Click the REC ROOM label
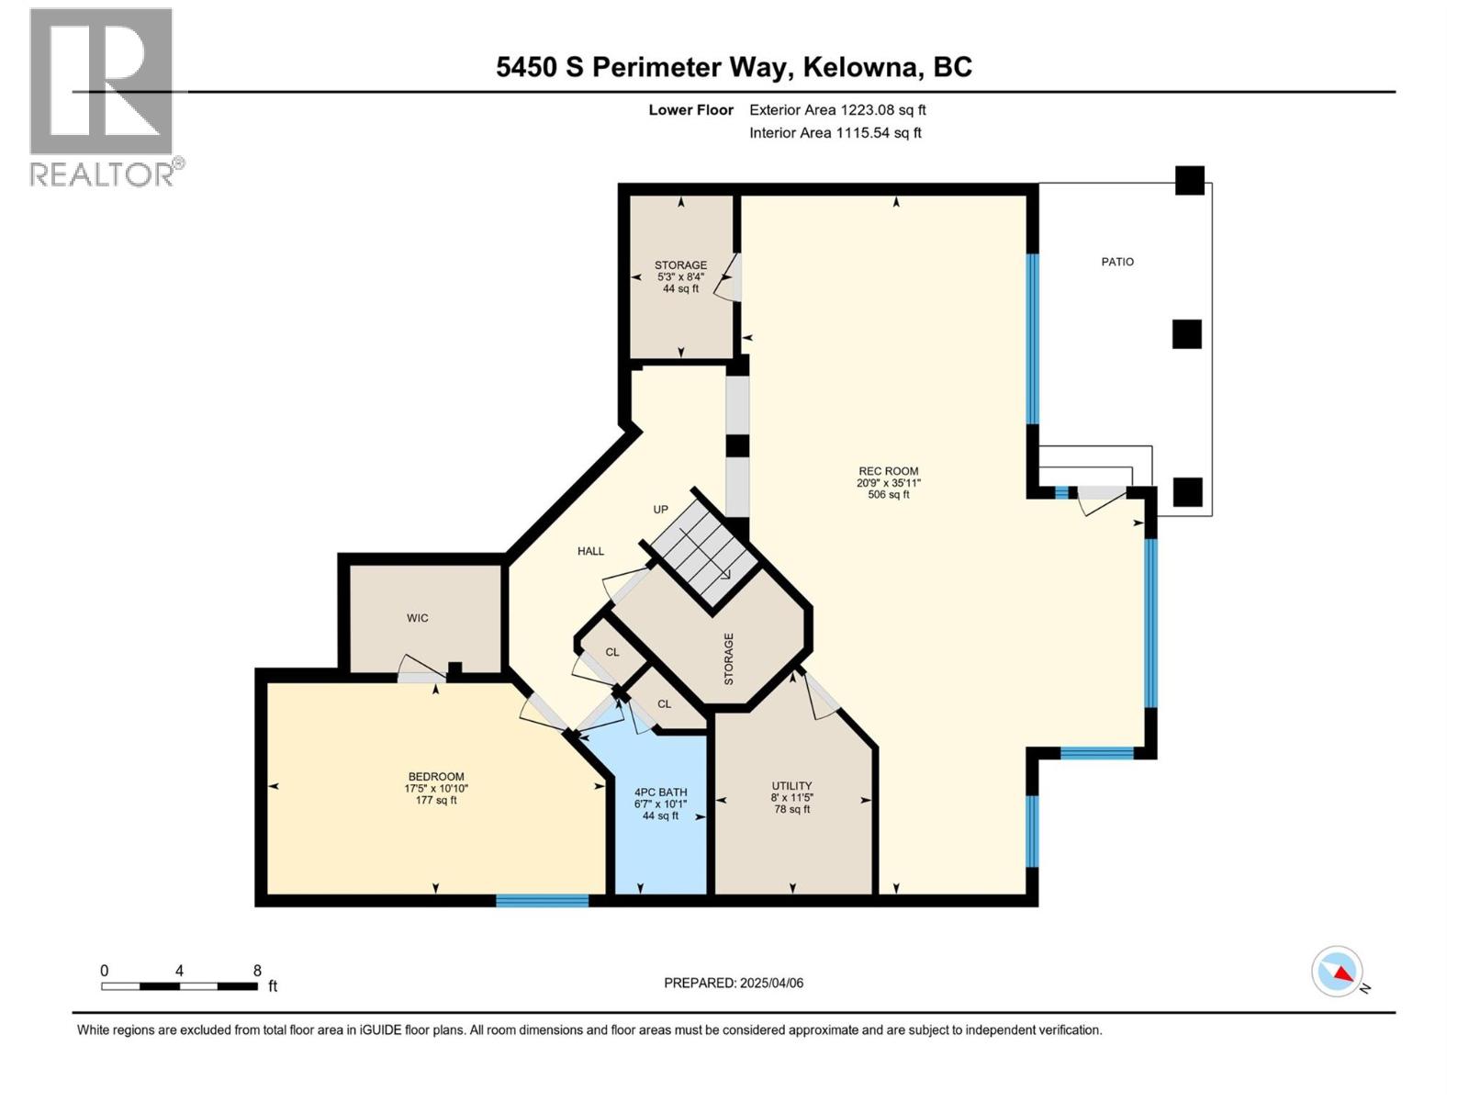[x=888, y=471]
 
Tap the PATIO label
[x=1117, y=262]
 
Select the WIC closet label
[x=418, y=618]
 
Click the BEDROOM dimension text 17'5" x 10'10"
[x=436, y=788]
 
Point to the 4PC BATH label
[x=660, y=793]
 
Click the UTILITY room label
[x=791, y=786]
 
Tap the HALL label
[x=590, y=551]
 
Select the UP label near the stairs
[x=660, y=510]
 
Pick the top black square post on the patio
[x=1190, y=180]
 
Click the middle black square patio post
[x=1186, y=334]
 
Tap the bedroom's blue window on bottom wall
[x=542, y=901]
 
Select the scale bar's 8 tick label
[x=257, y=971]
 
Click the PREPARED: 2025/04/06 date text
[x=734, y=983]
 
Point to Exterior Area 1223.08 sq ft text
[x=837, y=110]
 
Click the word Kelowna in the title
[x=861, y=67]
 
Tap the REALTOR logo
[x=103, y=96]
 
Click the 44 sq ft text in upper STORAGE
[x=680, y=288]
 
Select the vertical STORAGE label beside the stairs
[x=729, y=658]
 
